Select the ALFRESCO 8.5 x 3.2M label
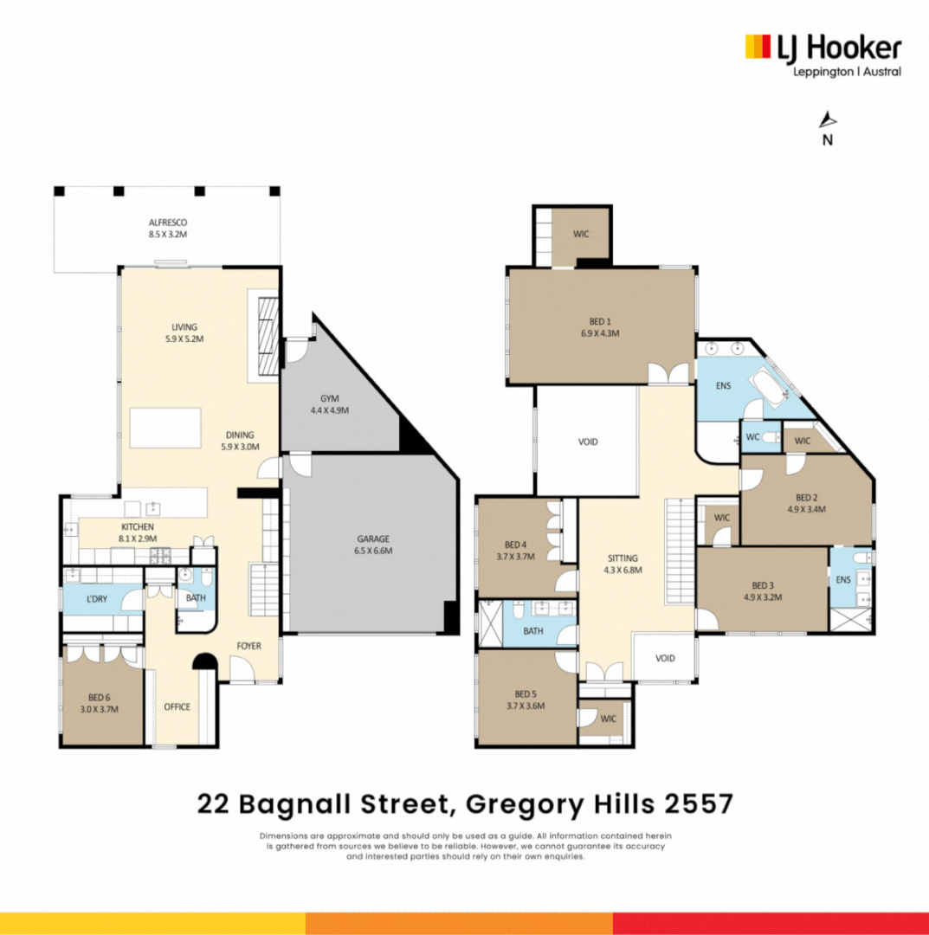click(167, 228)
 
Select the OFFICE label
click(177, 706)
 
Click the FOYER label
click(248, 646)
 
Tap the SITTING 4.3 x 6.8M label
click(622, 564)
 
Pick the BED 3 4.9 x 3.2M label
click(762, 590)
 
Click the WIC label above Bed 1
click(580, 234)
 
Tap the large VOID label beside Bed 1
click(588, 442)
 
